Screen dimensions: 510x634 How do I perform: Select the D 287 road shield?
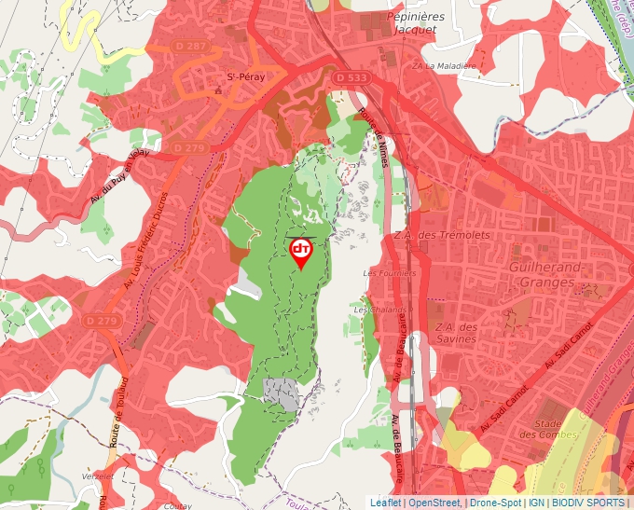191,46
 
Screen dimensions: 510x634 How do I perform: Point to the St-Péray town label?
245,77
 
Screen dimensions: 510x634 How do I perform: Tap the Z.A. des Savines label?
455,333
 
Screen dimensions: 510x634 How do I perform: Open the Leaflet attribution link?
385,503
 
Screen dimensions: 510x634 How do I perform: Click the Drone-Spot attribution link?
495,503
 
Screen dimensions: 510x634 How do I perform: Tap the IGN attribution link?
537,503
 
